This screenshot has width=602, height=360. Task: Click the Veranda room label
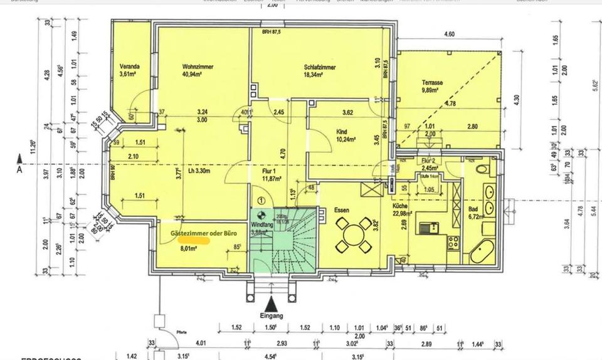pyautogui.click(x=130, y=66)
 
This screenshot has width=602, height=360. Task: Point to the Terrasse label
pyautogui.click(x=432, y=82)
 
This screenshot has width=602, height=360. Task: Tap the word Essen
pyautogui.click(x=342, y=211)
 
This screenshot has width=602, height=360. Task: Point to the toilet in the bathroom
pyautogui.click(x=481, y=168)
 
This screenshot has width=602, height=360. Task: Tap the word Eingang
pyautogui.click(x=269, y=316)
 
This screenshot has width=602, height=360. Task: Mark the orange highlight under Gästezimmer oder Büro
pyautogui.click(x=193, y=239)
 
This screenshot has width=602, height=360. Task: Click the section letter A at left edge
pyautogui.click(x=20, y=169)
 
